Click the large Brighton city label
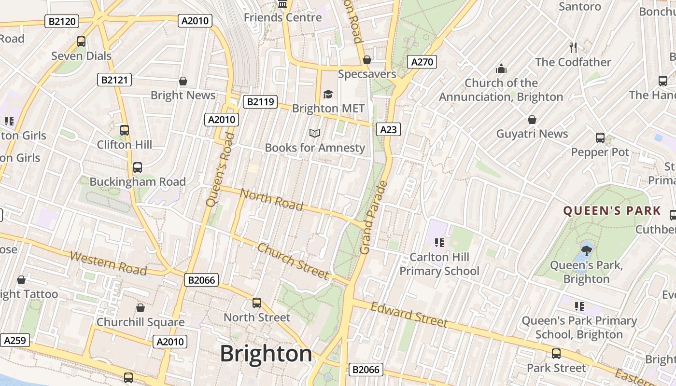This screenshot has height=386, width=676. pyautogui.click(x=266, y=354)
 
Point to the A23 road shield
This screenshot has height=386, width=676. pyautogui.click(x=388, y=129)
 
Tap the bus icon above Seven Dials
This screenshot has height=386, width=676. pyautogui.click(x=81, y=41)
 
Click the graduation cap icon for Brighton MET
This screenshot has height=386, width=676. pyautogui.click(x=328, y=94)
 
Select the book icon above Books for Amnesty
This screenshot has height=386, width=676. pyautogui.click(x=315, y=133)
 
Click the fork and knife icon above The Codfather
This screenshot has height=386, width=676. pyautogui.click(x=573, y=48)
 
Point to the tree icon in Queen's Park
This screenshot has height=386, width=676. pyautogui.click(x=587, y=250)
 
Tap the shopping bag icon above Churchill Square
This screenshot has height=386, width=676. pyautogui.click(x=141, y=308)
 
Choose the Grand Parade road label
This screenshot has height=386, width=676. pyautogui.click(x=374, y=218)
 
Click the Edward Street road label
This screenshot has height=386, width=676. pyautogui.click(x=409, y=314)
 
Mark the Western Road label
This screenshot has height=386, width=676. pyautogui.click(x=108, y=263)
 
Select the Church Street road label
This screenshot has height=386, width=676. pyautogui.click(x=293, y=261)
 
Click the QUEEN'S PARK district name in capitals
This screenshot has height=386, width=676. pyautogui.click(x=612, y=210)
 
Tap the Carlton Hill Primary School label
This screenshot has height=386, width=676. pyautogui.click(x=439, y=264)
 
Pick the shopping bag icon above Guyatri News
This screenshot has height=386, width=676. pyautogui.click(x=532, y=120)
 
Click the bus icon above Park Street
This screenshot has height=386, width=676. pyautogui.click(x=556, y=354)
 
